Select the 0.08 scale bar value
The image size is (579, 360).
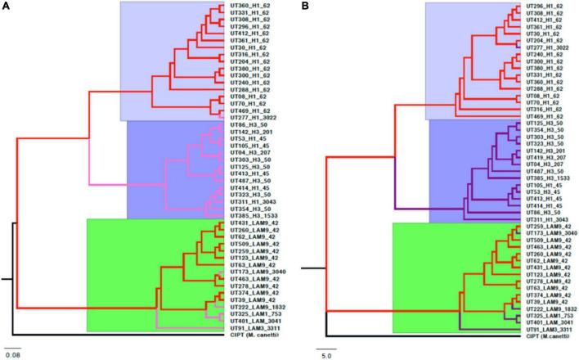click(x=12, y=353)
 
